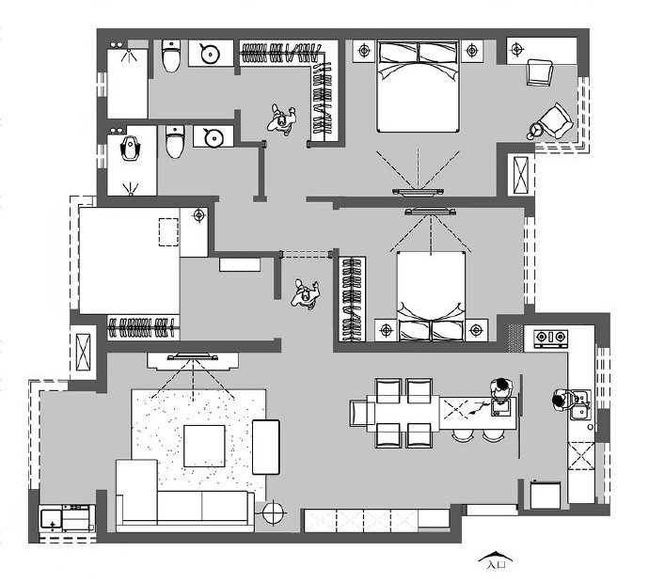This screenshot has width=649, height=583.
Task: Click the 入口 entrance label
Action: [x=496, y=564]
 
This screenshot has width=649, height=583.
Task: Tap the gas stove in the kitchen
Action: [x=550, y=338]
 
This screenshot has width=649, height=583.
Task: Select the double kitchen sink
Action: [x=582, y=404]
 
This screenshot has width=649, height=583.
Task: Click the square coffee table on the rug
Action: [x=204, y=446]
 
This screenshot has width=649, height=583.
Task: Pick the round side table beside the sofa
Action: [x=274, y=513]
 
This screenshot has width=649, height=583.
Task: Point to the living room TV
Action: [x=193, y=356]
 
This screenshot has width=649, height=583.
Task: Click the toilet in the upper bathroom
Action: [x=171, y=55]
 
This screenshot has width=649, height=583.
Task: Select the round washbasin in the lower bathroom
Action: [x=214, y=137]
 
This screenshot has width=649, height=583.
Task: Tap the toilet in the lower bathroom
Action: [x=174, y=142]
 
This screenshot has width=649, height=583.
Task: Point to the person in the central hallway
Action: [x=305, y=293]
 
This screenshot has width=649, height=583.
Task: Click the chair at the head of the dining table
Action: [x=362, y=414]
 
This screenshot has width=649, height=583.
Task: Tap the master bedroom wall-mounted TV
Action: [x=418, y=192]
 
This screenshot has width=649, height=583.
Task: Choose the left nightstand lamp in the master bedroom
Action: [x=364, y=51]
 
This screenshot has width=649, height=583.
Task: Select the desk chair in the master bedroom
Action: [x=540, y=72]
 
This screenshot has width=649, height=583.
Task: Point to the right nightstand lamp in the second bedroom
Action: [x=476, y=330]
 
